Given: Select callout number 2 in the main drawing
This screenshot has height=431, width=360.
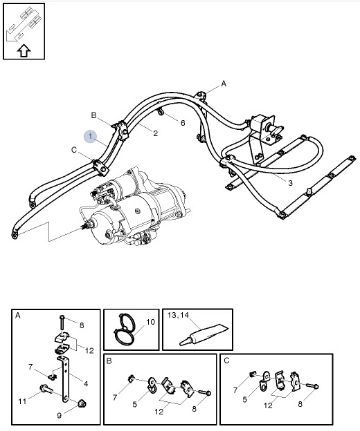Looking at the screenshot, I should [x=155, y=133].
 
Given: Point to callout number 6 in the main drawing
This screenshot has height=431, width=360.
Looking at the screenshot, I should [x=183, y=123].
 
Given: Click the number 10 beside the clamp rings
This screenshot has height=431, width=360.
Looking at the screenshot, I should [x=150, y=322].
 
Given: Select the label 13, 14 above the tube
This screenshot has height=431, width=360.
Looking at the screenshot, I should [x=179, y=315].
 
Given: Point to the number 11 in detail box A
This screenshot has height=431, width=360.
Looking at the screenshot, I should [x=21, y=400].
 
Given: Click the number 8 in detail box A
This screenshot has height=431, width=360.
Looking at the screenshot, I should [x=81, y=324].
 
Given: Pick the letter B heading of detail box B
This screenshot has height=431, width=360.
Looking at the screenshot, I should [x=109, y=360].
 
